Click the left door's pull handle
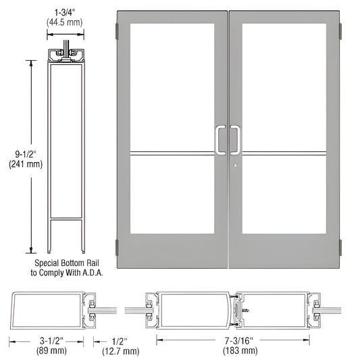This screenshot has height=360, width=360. click(x=220, y=138)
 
